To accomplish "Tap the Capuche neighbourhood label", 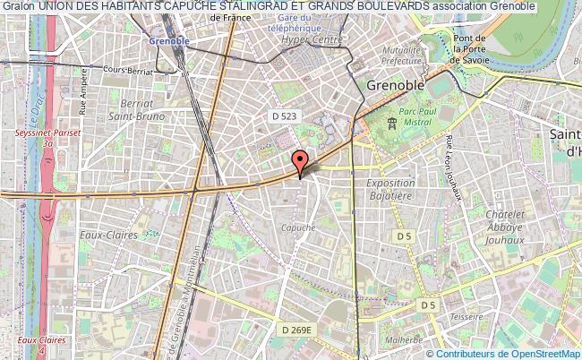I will pyautogui.click(x=297, y=227).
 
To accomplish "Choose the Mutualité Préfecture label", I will pyautogui.click(x=400, y=56).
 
